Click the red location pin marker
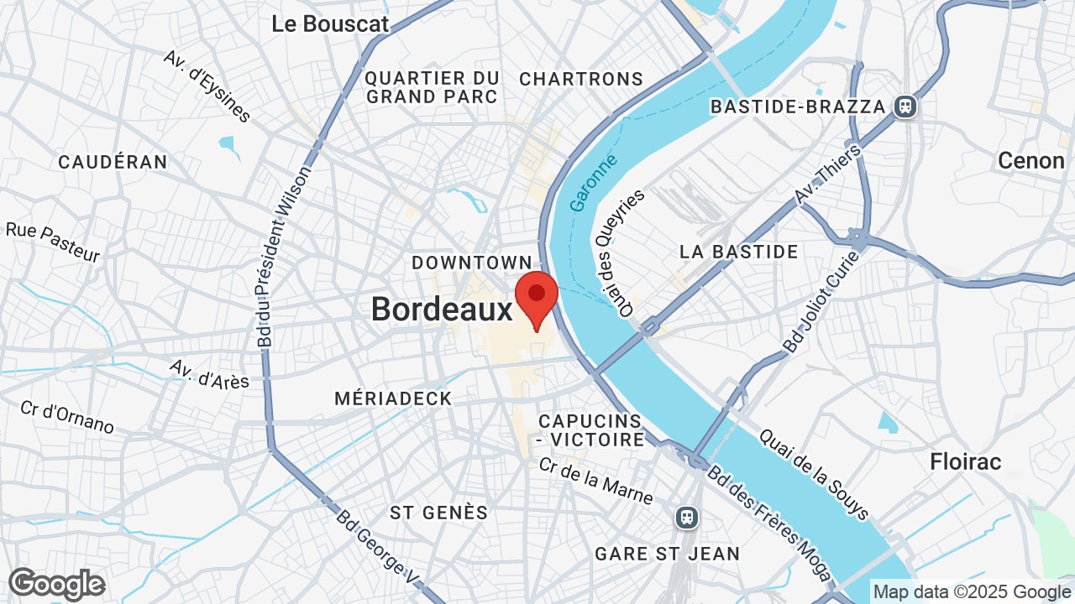click(537, 296)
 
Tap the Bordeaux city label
click(442, 310)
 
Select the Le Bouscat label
click(330, 24)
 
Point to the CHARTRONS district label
click(581, 79)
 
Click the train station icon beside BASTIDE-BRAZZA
click(905, 107)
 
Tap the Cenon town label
click(1030, 160)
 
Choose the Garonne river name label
click(593, 182)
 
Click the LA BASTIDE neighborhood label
click(738, 252)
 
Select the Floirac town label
click(966, 461)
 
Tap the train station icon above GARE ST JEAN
click(687, 517)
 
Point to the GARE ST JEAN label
click(667, 554)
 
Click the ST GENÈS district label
click(438, 512)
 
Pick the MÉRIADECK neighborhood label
click(393, 398)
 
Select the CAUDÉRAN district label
click(113, 162)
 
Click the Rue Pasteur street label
click(53, 242)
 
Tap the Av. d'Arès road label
click(209, 374)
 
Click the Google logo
click(56, 584)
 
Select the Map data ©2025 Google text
click(972, 592)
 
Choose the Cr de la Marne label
click(595, 481)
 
